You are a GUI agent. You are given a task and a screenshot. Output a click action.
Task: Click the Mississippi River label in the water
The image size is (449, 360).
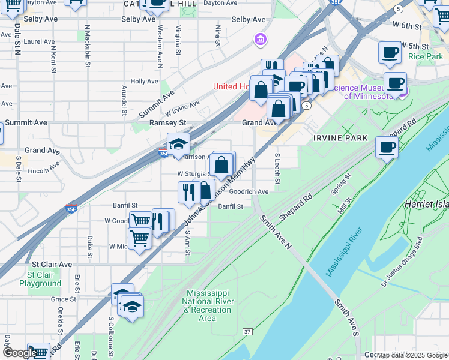click(x=345, y=252)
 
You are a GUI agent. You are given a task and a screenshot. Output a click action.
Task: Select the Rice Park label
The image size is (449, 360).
click(x=425, y=56)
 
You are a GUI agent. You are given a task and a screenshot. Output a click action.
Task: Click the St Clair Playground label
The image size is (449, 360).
click(x=40, y=279)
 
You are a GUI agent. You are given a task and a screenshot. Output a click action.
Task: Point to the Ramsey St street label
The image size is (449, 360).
click(x=168, y=122)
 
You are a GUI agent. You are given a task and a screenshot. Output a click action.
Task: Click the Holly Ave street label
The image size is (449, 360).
click(x=144, y=81)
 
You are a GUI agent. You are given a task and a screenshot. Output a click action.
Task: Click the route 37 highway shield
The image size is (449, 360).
click(x=247, y=332)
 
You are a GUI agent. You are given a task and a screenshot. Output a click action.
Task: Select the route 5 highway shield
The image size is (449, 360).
click(x=307, y=106)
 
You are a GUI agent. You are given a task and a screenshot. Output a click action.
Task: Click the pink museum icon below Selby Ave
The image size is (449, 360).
click(x=260, y=40)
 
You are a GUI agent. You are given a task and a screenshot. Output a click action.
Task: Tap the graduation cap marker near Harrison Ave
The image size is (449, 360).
click(x=178, y=144)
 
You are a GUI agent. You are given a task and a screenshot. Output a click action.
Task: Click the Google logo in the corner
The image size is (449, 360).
click(x=19, y=353)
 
